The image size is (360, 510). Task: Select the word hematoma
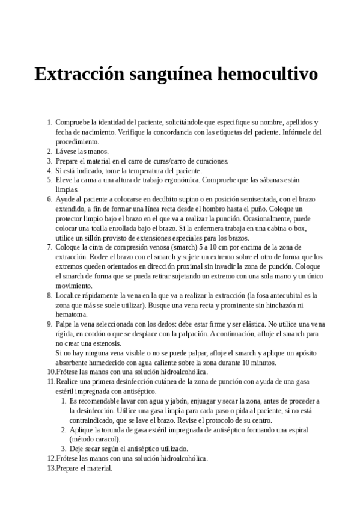pyautogui.click(x=72, y=315)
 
